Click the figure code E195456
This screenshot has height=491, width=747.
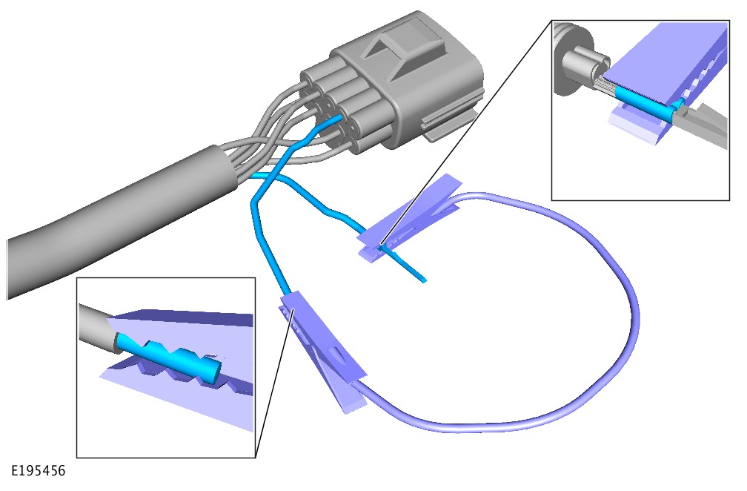point(38,471)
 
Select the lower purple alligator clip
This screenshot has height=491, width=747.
point(324,350)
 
